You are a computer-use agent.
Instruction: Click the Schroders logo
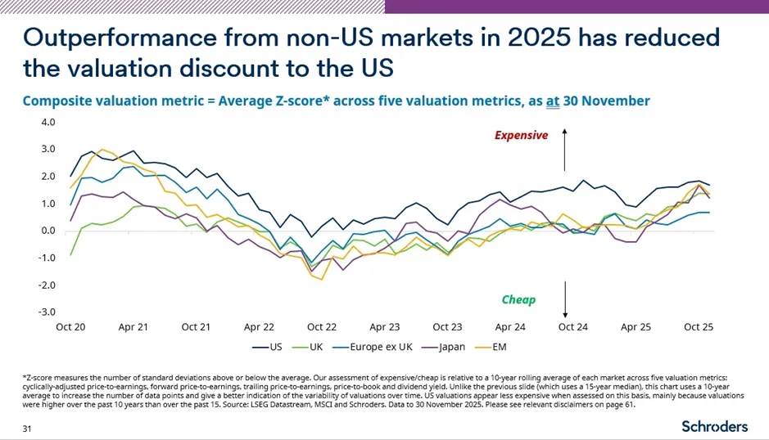click(x=715, y=426)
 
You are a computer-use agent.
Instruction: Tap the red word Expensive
click(x=521, y=135)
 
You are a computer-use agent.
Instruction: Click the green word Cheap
click(x=518, y=300)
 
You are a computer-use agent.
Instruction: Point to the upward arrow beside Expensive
click(x=564, y=150)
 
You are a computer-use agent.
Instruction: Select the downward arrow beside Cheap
click(x=565, y=299)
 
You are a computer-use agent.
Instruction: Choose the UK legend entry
click(x=307, y=347)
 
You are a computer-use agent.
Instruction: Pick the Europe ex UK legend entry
click(x=373, y=347)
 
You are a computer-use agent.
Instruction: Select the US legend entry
click(x=267, y=347)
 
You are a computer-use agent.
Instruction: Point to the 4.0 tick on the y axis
click(x=47, y=122)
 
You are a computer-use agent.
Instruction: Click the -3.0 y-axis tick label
click(x=47, y=312)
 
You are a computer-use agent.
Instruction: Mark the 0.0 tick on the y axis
click(x=47, y=231)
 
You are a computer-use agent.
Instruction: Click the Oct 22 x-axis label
click(x=322, y=327)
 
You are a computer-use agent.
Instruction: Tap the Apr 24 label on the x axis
click(x=510, y=327)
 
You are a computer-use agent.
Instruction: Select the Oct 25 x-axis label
click(x=699, y=327)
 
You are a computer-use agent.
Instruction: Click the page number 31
click(x=27, y=429)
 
